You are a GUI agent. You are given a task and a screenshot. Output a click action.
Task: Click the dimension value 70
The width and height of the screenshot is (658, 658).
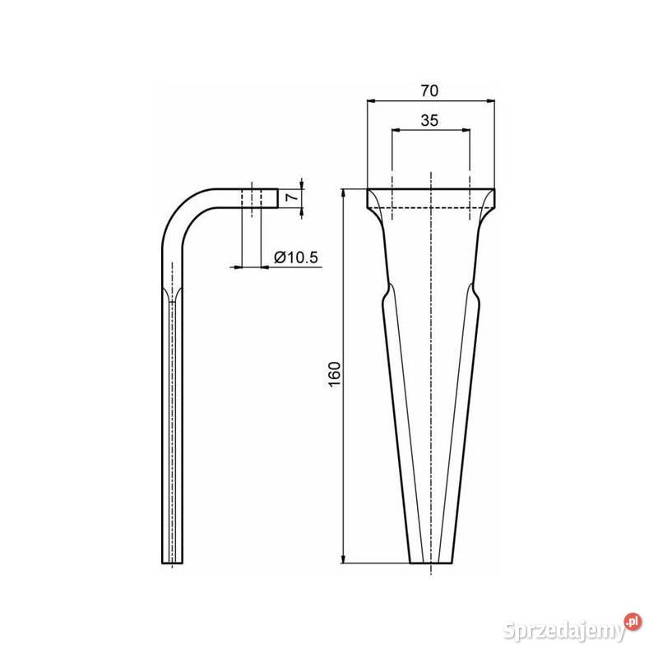[431, 90]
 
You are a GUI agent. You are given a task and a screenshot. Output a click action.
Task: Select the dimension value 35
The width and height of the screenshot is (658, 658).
[429, 119]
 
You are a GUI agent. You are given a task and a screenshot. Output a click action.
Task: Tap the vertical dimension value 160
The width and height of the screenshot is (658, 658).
[334, 376]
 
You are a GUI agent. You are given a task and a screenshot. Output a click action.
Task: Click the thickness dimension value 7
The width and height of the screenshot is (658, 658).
[289, 198]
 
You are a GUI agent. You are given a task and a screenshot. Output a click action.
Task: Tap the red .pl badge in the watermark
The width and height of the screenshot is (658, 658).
[632, 621]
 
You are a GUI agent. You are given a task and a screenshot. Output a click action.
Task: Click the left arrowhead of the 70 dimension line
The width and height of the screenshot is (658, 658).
[371, 101]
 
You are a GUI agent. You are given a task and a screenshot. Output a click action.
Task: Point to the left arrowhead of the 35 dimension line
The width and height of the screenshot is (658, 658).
[396, 130]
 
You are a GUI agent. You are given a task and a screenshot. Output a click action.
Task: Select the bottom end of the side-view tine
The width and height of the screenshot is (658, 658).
[172, 561]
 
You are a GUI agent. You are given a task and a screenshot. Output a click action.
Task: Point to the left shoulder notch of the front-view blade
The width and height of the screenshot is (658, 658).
[385, 291]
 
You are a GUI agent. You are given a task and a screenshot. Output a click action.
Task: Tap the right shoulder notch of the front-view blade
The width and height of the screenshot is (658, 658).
[475, 291]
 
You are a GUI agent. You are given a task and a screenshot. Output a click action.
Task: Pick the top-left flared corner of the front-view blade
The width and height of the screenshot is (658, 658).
[369, 193]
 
